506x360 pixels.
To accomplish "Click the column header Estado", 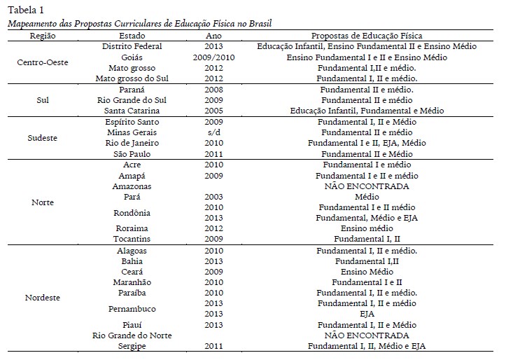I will (x=132, y=35).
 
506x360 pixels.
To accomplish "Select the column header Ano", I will (x=214, y=35).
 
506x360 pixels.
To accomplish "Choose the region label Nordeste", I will (x=42, y=298).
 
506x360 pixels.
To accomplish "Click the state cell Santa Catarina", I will (x=132, y=111).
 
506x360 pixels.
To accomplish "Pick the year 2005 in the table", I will (x=214, y=111).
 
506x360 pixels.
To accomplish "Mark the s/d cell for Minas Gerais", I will (x=214, y=132).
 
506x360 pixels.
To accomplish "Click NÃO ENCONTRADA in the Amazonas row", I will (x=367, y=186).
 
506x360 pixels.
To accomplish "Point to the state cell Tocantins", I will (x=132, y=239).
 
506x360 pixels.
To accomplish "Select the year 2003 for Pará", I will (x=214, y=198).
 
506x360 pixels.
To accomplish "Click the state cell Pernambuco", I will (x=132, y=308).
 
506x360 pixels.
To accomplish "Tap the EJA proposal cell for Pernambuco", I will (x=367, y=314).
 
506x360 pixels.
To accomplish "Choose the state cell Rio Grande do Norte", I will (x=132, y=335).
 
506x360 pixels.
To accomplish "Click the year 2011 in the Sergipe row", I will (x=214, y=346).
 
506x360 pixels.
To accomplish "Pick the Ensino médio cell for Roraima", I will (x=367, y=228).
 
